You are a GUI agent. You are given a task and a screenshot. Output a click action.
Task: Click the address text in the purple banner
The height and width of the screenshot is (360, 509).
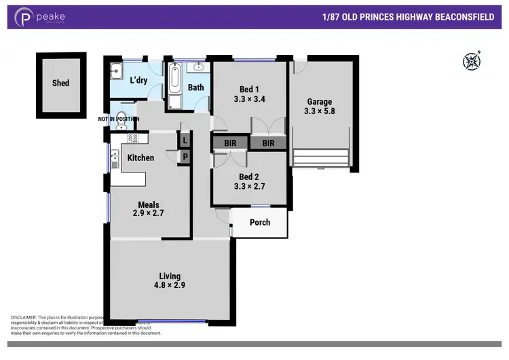[x=415, y=16]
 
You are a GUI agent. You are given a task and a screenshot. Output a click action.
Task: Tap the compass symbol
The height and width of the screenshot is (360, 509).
[x=471, y=61]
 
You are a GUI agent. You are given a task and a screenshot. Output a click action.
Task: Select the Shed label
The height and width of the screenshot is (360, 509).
[x=60, y=84]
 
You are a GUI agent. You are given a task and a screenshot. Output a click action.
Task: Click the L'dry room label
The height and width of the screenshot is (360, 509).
[x=138, y=81]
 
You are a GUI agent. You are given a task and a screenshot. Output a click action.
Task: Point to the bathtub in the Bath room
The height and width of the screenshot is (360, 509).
[x=174, y=79]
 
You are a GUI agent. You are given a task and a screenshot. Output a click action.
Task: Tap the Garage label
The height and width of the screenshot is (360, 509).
[x=319, y=102]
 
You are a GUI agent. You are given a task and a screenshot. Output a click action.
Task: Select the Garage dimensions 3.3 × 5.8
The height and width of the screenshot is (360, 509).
[x=319, y=112]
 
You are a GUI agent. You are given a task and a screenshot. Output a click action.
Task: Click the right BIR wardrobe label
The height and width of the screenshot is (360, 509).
[x=268, y=143]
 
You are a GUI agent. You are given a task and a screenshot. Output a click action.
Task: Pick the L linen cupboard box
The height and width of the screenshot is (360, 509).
[x=185, y=141]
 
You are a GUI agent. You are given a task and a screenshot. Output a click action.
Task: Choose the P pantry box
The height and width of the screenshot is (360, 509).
[x=185, y=156]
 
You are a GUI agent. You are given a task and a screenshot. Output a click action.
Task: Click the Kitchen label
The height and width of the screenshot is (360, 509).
[x=140, y=158]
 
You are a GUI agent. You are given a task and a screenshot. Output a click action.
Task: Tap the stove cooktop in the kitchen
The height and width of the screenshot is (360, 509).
[x=133, y=138]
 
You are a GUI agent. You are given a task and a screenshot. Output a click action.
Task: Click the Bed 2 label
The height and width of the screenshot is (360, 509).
[x=248, y=177]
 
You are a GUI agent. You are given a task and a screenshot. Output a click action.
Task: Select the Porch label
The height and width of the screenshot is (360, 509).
[x=260, y=222]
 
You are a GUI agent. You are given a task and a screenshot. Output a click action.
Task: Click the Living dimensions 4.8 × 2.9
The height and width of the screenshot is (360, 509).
[x=170, y=285]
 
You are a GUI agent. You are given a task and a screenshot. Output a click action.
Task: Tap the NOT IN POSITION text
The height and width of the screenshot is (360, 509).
[x=119, y=120]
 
